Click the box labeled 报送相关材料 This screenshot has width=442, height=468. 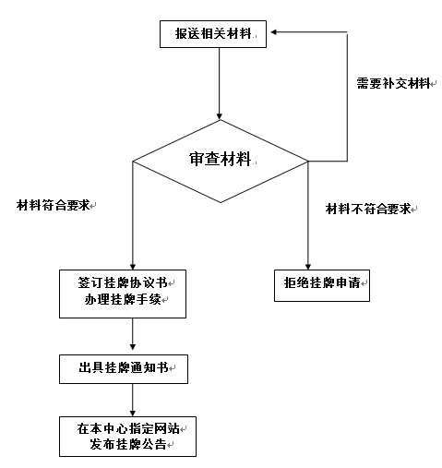pyautogui.click(x=213, y=34)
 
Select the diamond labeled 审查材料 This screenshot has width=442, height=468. pyautogui.click(x=221, y=161)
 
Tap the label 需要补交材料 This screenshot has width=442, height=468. pyautogui.click(x=393, y=83)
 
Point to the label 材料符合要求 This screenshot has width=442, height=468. pyautogui.click(x=53, y=205)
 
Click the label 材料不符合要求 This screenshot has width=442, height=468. pyautogui.click(x=368, y=209)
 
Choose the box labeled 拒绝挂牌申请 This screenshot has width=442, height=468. pyautogui.click(x=322, y=285)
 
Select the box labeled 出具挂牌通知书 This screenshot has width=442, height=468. pyautogui.click(x=124, y=369)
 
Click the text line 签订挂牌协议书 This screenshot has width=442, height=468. pyautogui.click(x=123, y=282)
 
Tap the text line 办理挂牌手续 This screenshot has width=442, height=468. pyautogui.click(x=123, y=299)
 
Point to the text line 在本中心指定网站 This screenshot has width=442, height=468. pyautogui.click(x=128, y=428)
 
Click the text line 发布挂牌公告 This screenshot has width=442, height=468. pyautogui.click(x=128, y=444)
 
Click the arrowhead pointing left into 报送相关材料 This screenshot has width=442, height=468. pyautogui.click(x=274, y=32)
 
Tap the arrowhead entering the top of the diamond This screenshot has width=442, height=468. pyautogui.click(x=220, y=116)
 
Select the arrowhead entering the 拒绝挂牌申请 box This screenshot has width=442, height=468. pyautogui.click(x=308, y=267)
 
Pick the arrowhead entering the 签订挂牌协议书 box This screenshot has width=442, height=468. pyautogui.click(x=133, y=267)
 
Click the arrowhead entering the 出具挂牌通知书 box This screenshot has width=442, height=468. pyautogui.click(x=133, y=346)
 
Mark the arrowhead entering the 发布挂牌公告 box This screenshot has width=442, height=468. pyautogui.click(x=133, y=413)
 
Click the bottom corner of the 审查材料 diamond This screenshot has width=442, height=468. pyautogui.click(x=221, y=202)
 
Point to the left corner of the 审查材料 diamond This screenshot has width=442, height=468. pyautogui.click(x=133, y=161)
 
